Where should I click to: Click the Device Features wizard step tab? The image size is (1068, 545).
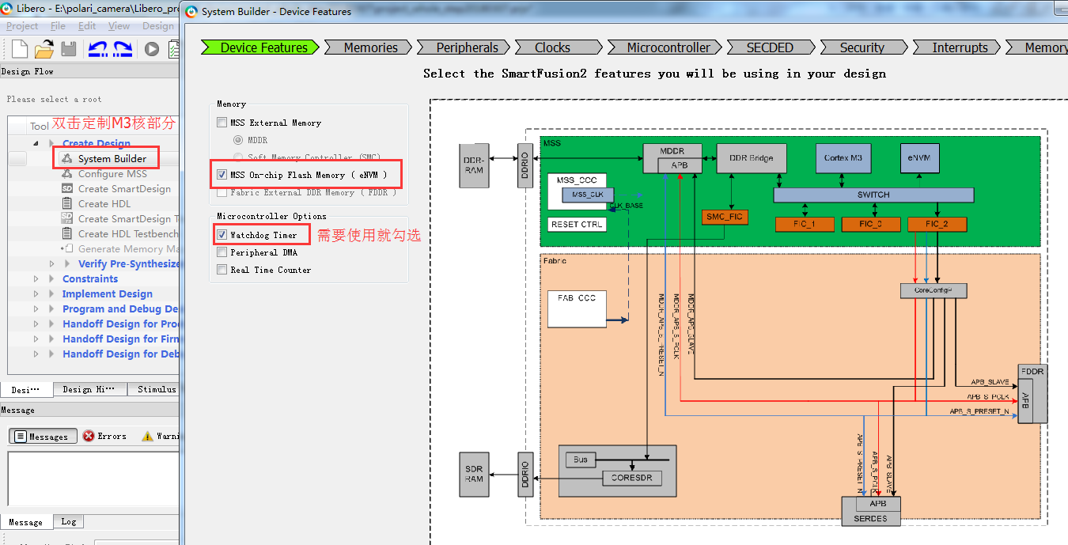click(x=263, y=47)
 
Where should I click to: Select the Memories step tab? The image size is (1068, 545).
click(x=370, y=47)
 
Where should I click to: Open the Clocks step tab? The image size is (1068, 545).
click(x=552, y=47)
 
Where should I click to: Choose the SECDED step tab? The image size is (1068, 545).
click(x=770, y=47)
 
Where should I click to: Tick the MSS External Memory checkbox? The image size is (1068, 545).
click(x=222, y=123)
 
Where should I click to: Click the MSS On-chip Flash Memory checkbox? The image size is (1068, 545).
click(x=222, y=175)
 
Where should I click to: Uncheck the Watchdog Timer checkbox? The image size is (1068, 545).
click(x=222, y=235)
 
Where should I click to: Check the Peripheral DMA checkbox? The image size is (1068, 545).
click(x=222, y=252)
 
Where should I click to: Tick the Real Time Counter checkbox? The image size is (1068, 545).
click(x=222, y=270)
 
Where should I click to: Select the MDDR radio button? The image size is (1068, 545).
click(x=238, y=140)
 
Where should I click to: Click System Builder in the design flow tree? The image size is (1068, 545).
click(x=112, y=158)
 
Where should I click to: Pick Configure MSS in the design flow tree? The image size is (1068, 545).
click(x=112, y=173)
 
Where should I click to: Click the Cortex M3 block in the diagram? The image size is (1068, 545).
click(x=843, y=158)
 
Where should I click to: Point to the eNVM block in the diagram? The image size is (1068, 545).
click(x=920, y=158)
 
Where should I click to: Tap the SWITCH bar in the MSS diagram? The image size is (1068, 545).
click(x=873, y=195)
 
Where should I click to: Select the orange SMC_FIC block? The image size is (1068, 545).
click(x=725, y=217)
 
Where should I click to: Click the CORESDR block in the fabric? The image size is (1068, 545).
click(x=631, y=478)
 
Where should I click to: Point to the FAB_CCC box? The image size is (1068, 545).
click(x=576, y=308)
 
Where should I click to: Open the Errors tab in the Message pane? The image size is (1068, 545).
click(x=104, y=436)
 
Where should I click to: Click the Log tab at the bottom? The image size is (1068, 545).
click(x=69, y=522)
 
